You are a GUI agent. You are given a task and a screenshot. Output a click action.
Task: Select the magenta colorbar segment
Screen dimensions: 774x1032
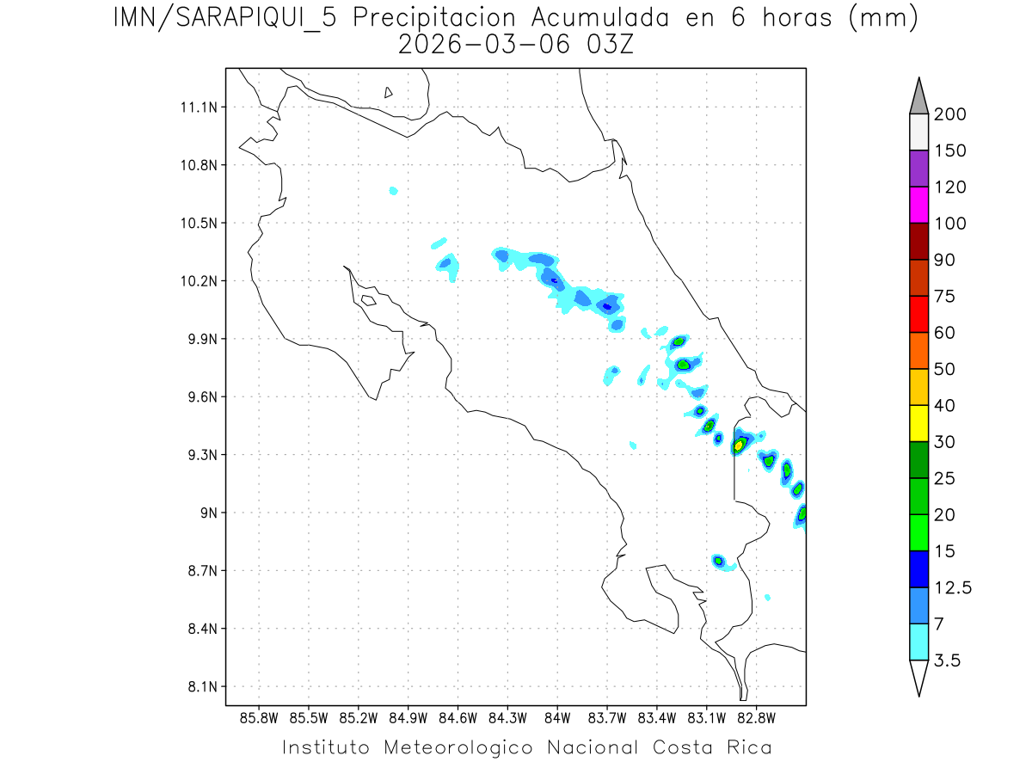click(x=918, y=206)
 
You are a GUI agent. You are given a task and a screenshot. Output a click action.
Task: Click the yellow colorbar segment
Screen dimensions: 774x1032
click(x=918, y=423)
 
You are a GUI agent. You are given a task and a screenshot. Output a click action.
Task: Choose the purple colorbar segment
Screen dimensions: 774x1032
click(x=918, y=169)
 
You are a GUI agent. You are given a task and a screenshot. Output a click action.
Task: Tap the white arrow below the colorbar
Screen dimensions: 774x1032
click(x=918, y=677)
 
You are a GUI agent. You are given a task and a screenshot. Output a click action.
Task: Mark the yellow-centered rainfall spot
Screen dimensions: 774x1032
click(x=738, y=445)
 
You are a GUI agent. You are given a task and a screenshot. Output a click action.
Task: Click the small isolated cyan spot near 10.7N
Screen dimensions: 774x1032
click(x=393, y=190)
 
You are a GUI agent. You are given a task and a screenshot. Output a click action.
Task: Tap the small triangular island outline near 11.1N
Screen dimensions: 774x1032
click(x=389, y=92)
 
